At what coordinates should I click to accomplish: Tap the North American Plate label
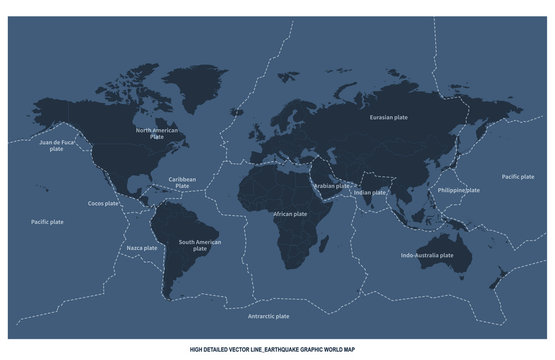[x=157, y=133]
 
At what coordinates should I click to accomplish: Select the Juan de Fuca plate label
[x=57, y=146]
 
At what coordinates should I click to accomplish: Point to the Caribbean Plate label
[x=182, y=182]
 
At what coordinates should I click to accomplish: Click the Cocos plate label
[x=104, y=203]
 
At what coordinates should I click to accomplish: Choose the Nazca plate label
[x=141, y=248]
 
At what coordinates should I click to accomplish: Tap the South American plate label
[x=200, y=245]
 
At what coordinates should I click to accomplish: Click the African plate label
[x=290, y=214]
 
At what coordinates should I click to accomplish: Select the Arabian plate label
[x=332, y=185]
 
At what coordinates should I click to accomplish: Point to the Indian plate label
[x=370, y=192]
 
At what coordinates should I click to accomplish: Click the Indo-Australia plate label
[x=427, y=255]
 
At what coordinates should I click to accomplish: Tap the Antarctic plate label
[x=268, y=315]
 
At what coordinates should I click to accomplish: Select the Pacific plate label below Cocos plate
[x=47, y=222]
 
